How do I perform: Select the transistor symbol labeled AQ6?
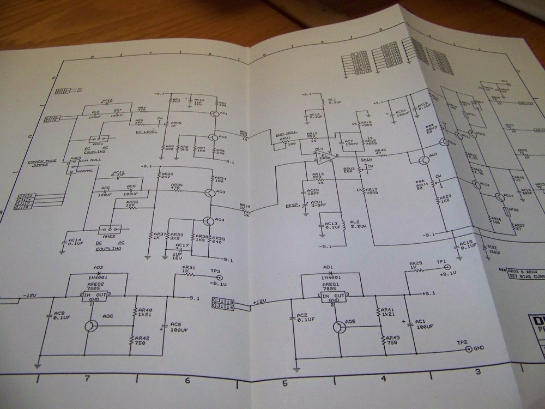pyautogui.click(x=92, y=326)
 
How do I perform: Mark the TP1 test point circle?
pyautogui.click(x=447, y=268)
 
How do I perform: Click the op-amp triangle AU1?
pyautogui.click(x=321, y=156)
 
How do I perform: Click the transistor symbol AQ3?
pyautogui.click(x=209, y=193)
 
